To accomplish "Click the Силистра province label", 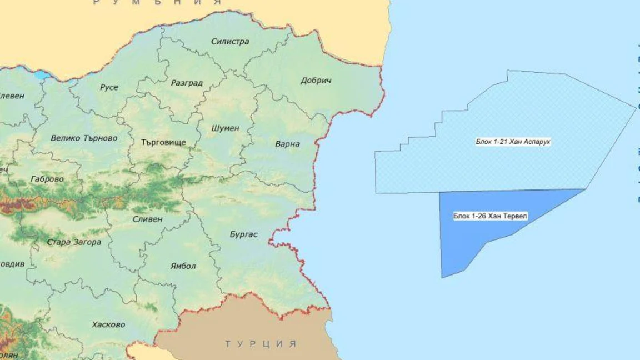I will (x=230, y=41).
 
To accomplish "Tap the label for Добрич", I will (x=316, y=81).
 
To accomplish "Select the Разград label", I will (x=187, y=83).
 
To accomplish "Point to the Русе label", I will (x=109, y=87).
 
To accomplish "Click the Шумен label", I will (x=225, y=128).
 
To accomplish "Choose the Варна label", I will (x=287, y=144).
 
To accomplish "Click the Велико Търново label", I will (x=84, y=138).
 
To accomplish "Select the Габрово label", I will (x=48, y=179).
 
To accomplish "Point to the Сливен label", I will (x=147, y=219).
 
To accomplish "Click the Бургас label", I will (x=243, y=234).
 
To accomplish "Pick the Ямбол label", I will (x=183, y=266).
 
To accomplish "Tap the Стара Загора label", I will (x=73, y=242).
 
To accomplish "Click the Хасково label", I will (x=108, y=324).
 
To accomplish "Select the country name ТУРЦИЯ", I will (x=261, y=344).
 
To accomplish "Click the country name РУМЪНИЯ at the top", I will (x=157, y=3).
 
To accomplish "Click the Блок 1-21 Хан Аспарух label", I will (x=513, y=142).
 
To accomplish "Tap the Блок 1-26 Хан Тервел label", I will (x=482, y=216).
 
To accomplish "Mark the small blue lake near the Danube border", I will (x=42, y=75).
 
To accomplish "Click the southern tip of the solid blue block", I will (x=443, y=277).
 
